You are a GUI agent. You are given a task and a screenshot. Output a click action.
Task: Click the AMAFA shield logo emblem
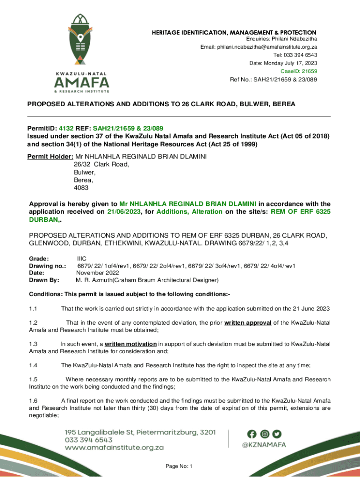coord(82,40)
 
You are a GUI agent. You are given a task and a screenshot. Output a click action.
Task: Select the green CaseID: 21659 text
coord(299,71)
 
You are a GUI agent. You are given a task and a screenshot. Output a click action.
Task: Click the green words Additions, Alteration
coord(189,211)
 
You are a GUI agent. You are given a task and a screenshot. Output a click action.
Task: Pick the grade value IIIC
coord(81,258)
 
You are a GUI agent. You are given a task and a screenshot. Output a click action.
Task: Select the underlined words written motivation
coord(130,344)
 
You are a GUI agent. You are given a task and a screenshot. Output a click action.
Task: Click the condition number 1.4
coord(33,365)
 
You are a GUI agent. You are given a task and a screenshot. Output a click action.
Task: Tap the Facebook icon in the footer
coord(252,434)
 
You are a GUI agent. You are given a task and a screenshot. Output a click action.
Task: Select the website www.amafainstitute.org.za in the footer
coord(114,447)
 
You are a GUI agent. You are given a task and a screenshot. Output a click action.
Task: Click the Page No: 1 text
coord(180,466)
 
